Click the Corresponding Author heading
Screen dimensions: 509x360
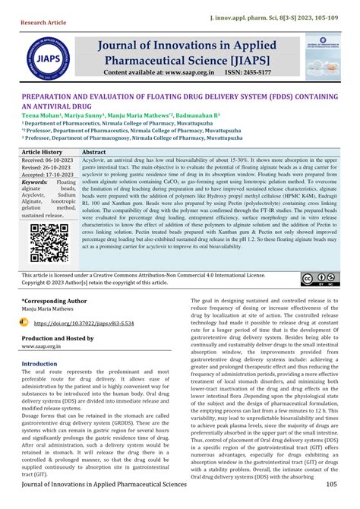pyautogui.click(x=55, y=301)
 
